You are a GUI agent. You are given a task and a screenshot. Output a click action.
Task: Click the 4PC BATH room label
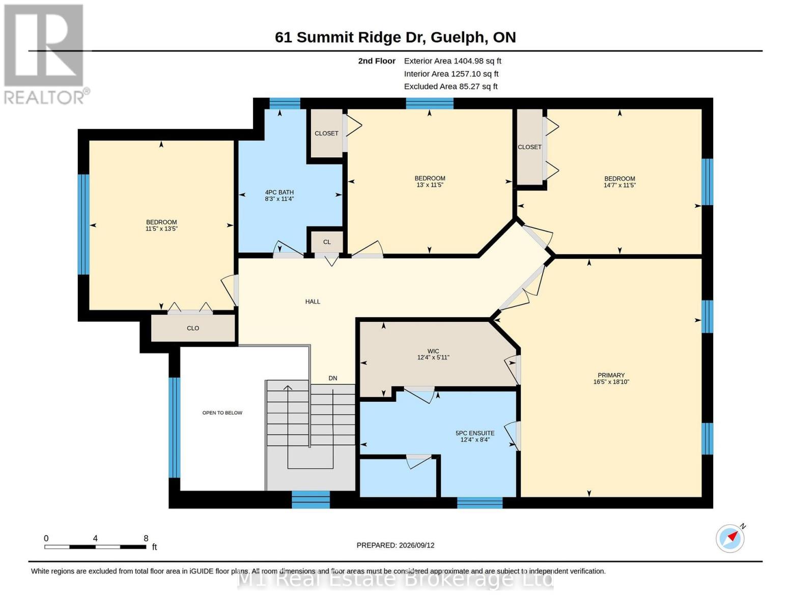coord(279,192)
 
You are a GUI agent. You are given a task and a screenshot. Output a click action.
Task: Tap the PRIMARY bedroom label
coord(611,375)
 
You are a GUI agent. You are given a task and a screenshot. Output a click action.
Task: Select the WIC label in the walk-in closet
coord(433,351)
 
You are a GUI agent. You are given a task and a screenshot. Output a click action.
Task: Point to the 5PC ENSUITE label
coord(475,433)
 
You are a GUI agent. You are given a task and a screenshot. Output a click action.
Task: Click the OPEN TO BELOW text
coord(222,412)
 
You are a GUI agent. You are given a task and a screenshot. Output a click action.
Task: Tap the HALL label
coord(313,301)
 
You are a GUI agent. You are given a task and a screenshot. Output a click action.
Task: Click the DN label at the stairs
coord(333,378)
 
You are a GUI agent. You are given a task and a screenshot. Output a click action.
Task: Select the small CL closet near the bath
coord(327,242)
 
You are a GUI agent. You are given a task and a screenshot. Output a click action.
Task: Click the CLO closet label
coord(193,328)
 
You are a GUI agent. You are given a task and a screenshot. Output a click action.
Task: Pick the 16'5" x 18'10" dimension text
coord(611,381)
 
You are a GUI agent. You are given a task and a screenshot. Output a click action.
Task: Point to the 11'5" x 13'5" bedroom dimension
coord(161,229)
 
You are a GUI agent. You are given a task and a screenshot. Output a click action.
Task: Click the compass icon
coord(730,538)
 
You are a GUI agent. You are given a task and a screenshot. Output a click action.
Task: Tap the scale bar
coord(95,546)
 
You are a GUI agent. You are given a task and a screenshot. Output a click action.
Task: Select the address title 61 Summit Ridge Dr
coord(350,37)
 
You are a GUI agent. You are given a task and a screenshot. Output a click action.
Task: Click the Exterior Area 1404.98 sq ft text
coord(453,61)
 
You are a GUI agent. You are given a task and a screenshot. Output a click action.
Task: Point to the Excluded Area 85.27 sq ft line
coord(450,86)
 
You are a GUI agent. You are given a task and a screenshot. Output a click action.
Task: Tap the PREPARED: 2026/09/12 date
coord(395,545)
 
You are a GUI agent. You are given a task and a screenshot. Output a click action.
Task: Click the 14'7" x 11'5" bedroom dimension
coord(619,185)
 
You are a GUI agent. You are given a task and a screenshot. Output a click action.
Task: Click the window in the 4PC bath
coord(285,104)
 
